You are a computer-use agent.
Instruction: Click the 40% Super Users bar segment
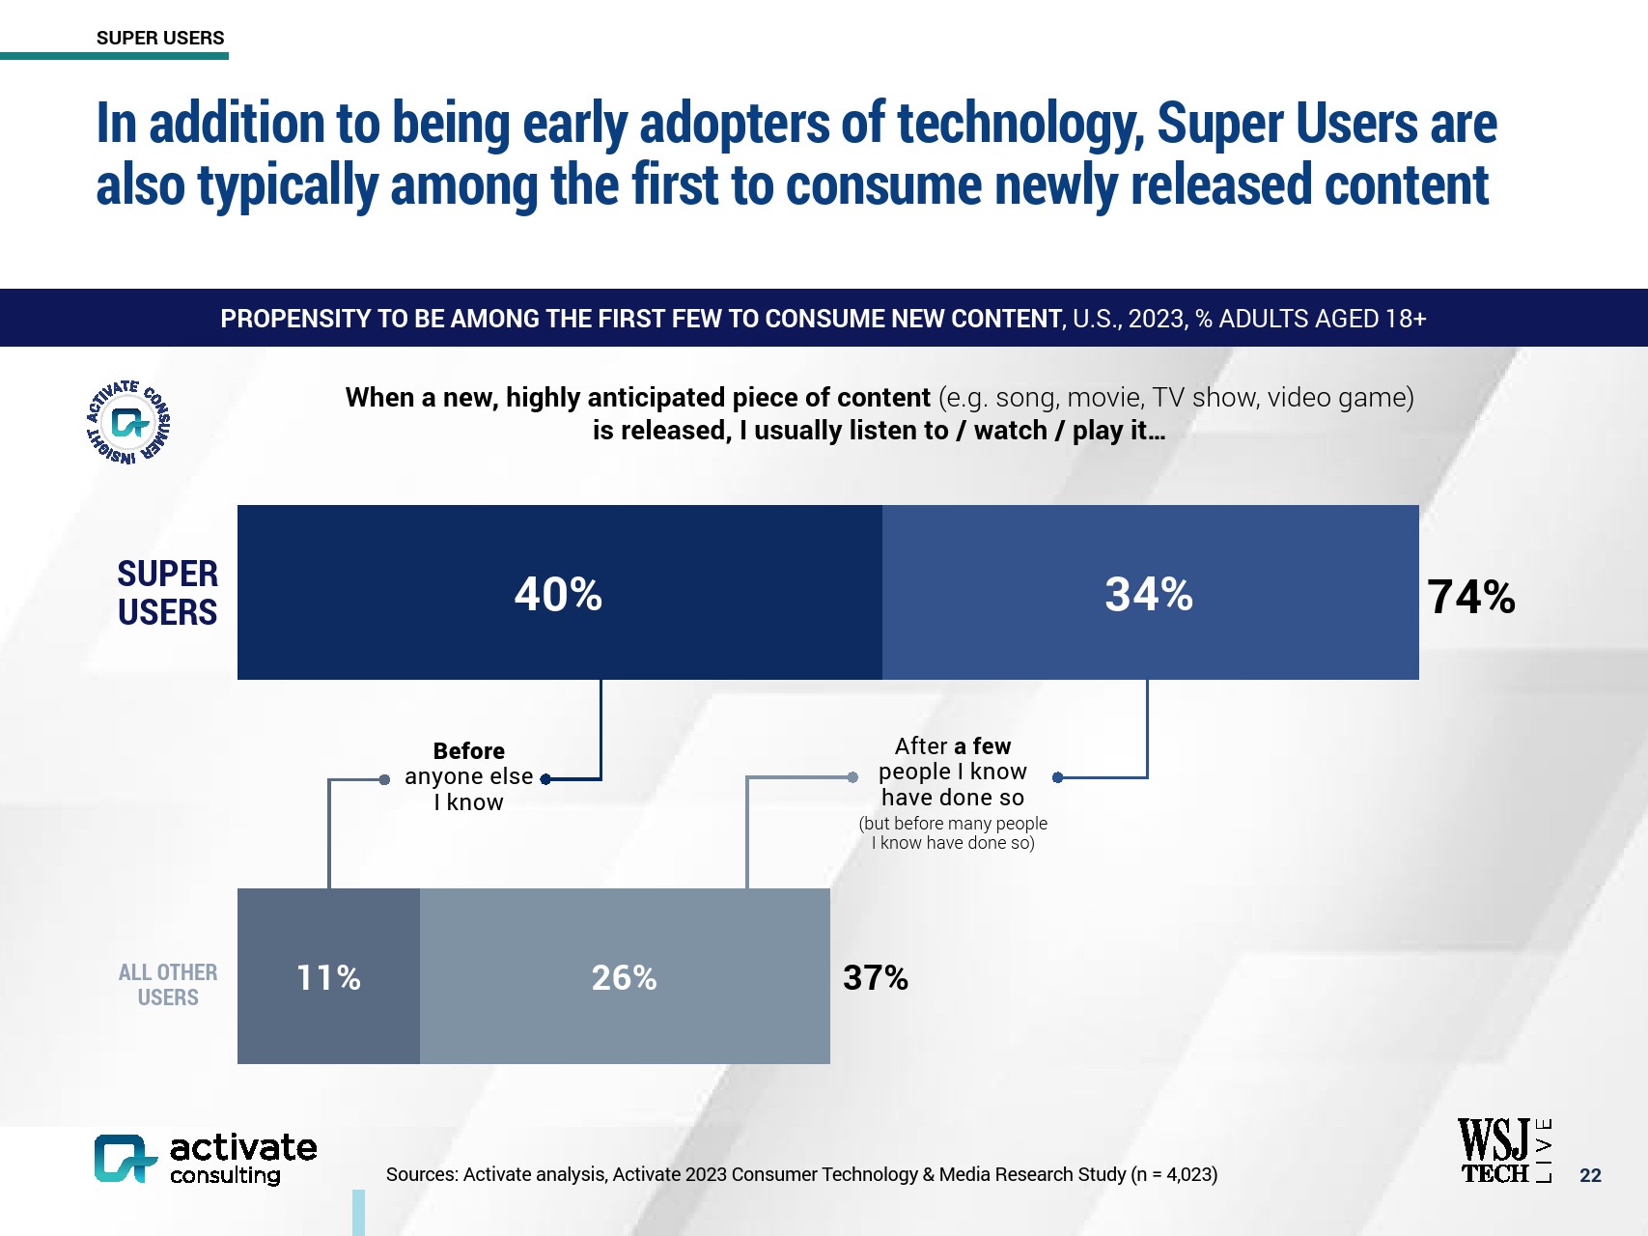coord(559,593)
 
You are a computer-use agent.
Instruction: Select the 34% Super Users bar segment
coord(1149,593)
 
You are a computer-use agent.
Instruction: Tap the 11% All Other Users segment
coord(328,976)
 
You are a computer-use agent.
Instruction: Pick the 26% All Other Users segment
coord(624,976)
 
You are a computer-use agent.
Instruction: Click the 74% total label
coord(1470,597)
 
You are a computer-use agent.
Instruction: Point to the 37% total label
coord(875,977)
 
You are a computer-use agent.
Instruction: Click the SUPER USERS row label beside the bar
coord(167,593)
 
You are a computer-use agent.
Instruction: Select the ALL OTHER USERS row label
coord(167,984)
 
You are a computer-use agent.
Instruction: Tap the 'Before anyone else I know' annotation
coord(468,776)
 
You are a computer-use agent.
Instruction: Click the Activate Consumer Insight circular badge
coord(129,422)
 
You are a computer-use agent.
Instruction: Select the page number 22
coord(1590,1175)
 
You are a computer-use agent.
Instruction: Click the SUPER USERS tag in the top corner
coord(160,38)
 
